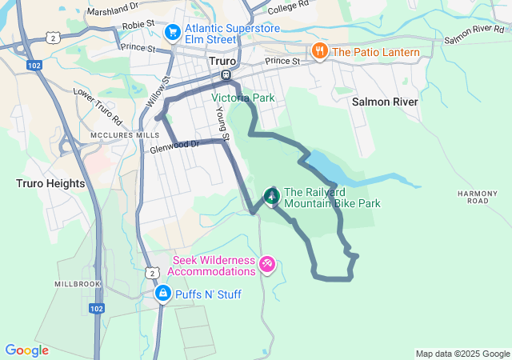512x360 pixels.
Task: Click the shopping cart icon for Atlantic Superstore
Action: (x=172, y=32)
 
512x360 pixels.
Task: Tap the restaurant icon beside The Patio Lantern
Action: (x=320, y=52)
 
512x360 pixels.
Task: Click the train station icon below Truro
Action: (x=226, y=76)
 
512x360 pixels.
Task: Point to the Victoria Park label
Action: (x=242, y=98)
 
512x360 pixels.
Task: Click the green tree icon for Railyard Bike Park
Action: (x=272, y=195)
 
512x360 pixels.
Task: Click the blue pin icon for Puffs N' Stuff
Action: (x=163, y=294)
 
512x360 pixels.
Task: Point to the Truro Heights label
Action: (x=50, y=183)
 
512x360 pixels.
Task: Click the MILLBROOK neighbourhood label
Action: (x=78, y=284)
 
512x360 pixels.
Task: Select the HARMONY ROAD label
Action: (x=472, y=197)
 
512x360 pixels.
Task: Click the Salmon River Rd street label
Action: (x=476, y=34)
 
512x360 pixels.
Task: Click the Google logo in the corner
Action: (x=26, y=350)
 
